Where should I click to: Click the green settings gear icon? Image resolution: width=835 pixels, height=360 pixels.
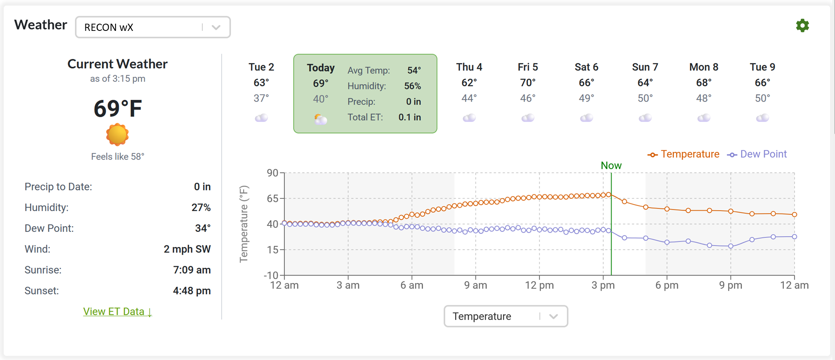(x=802, y=25)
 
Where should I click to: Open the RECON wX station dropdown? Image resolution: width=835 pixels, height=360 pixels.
(x=153, y=27)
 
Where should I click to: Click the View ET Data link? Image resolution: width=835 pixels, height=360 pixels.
(x=117, y=312)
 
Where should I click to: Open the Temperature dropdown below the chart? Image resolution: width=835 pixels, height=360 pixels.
(x=505, y=316)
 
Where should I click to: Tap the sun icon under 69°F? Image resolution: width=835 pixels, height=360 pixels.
(x=117, y=135)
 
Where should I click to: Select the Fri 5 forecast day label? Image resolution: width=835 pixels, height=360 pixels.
(x=527, y=67)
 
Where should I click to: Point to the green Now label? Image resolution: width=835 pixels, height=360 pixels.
(x=611, y=165)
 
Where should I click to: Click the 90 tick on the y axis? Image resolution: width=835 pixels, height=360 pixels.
(x=272, y=173)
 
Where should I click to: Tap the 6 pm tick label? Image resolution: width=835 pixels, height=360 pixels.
(x=667, y=286)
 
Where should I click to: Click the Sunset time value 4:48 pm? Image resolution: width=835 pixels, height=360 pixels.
(x=192, y=291)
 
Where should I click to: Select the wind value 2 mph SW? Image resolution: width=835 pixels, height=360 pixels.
(x=187, y=249)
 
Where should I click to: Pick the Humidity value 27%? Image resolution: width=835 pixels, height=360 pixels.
(x=201, y=208)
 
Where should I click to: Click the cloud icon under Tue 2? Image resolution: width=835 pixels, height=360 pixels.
(x=261, y=118)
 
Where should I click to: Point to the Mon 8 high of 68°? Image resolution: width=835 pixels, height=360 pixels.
(x=703, y=83)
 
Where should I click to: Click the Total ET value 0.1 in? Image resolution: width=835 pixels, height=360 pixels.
(x=409, y=118)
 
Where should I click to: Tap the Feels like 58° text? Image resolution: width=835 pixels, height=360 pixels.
(x=118, y=157)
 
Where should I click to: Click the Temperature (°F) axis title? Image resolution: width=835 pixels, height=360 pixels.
(x=244, y=224)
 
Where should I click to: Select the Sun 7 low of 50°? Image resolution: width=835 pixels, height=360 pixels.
(x=645, y=99)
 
